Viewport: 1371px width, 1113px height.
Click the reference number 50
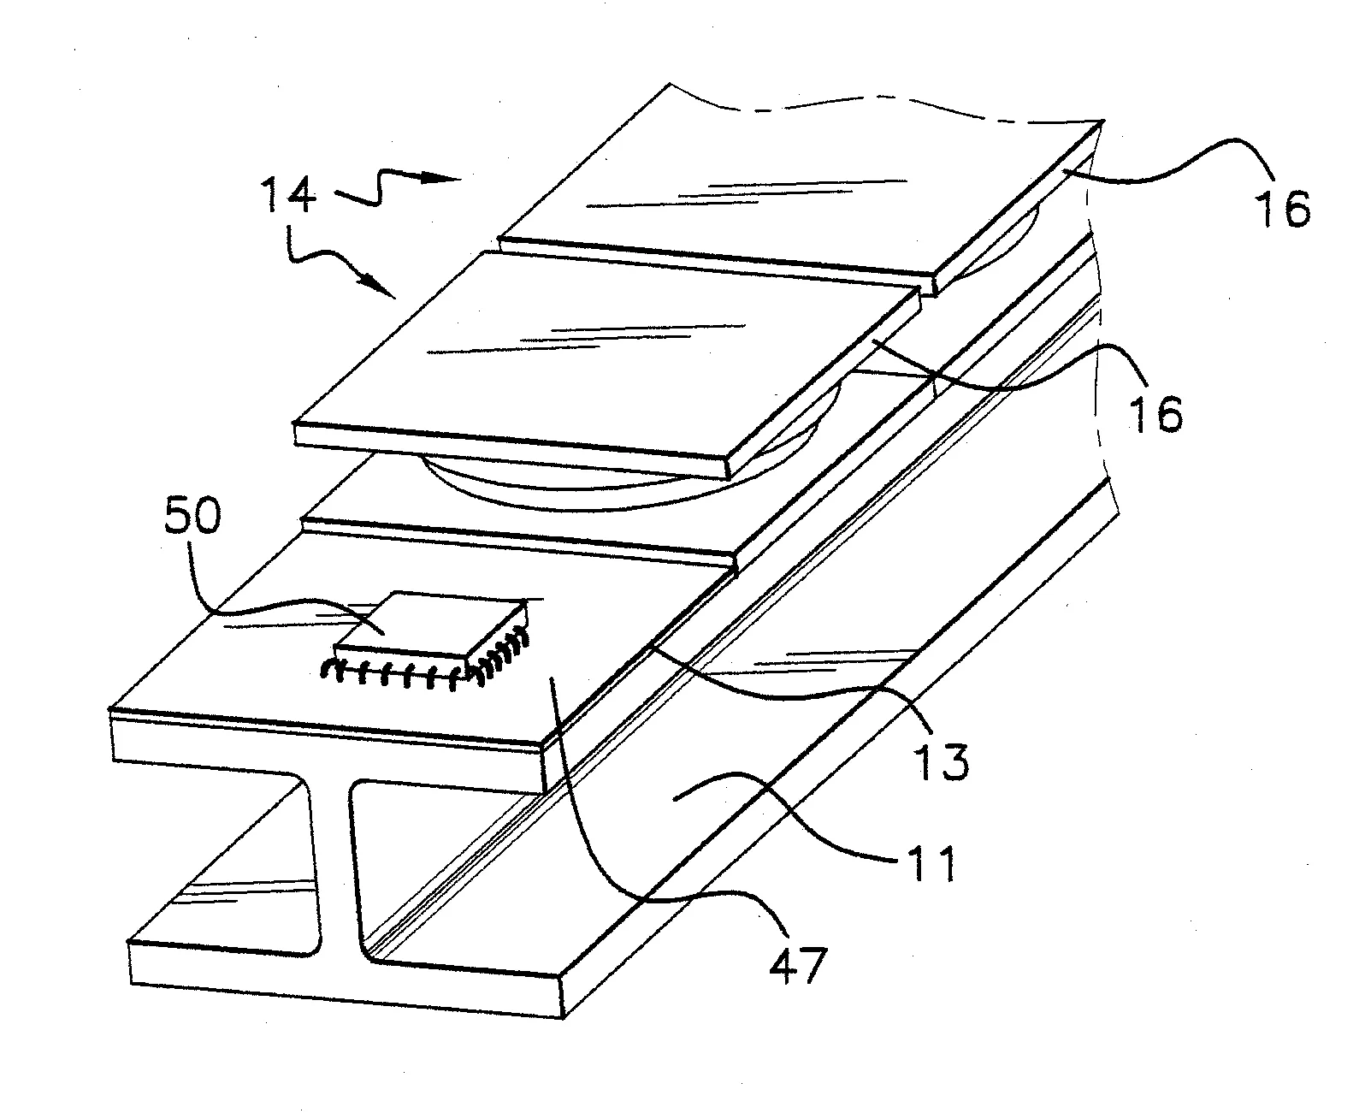[x=190, y=520]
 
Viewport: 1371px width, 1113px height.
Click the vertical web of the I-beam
[x=334, y=864]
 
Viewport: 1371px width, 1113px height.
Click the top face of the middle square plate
[x=599, y=351]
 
